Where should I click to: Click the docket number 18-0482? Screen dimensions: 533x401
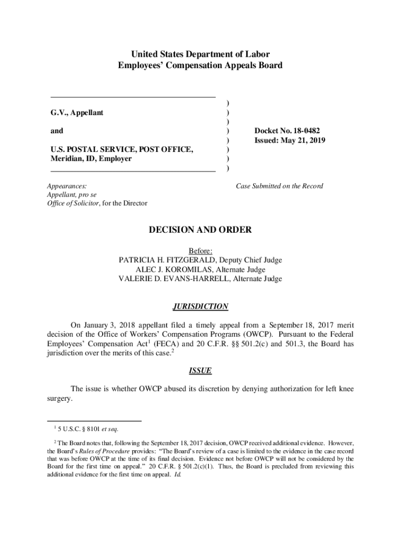coord(305,131)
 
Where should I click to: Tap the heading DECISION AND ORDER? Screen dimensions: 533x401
coord(200,230)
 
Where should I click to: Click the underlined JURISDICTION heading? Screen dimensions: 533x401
coord(200,307)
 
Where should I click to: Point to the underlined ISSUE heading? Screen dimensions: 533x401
coord(200,371)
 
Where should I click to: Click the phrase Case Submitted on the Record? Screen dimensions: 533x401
coord(280,186)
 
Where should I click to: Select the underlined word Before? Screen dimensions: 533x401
coord(200,251)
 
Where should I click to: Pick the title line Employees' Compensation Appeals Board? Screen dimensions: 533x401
coord(200,66)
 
